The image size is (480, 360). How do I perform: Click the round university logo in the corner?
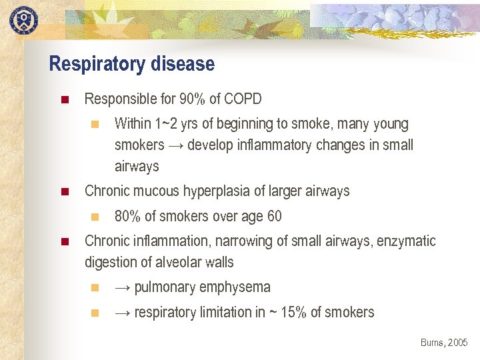click(23, 19)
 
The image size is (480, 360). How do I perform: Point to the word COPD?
click(243, 99)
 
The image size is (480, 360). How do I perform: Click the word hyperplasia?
click(222, 191)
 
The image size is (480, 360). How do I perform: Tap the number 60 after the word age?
click(273, 217)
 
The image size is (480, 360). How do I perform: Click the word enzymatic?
click(406, 241)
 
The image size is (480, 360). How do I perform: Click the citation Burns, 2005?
click(444, 343)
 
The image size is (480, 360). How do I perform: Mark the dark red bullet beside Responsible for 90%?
click(64, 101)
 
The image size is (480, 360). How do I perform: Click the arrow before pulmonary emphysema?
click(123, 288)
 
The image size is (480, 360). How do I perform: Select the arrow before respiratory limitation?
click(123, 313)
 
